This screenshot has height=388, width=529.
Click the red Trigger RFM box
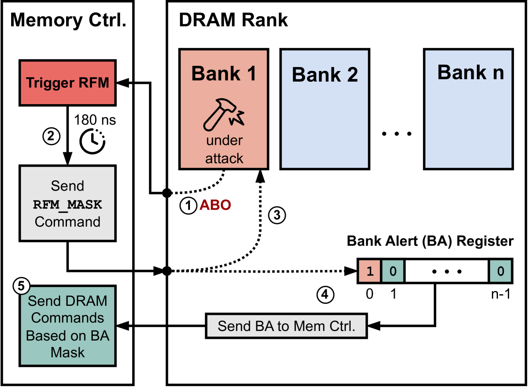click(67, 83)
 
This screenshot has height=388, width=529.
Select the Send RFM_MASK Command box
click(67, 203)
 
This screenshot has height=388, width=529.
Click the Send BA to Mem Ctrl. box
click(286, 326)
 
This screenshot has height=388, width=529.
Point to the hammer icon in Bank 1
click(223, 115)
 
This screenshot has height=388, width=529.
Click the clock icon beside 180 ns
click(92, 141)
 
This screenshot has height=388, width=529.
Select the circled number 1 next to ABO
click(188, 206)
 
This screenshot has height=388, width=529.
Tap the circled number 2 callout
click(51, 136)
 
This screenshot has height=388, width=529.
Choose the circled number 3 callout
click(277, 215)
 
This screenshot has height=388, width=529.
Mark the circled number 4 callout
click(325, 295)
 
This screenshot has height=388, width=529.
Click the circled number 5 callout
click(21, 286)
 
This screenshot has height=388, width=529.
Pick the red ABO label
click(215, 205)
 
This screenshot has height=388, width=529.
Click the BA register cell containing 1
click(370, 271)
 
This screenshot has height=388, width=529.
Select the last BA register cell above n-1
click(500, 271)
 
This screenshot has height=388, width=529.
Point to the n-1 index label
click(501, 294)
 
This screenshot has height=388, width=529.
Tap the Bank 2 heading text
click(325, 75)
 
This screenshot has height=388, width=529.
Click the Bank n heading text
click(470, 73)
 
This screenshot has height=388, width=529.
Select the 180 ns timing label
click(95, 120)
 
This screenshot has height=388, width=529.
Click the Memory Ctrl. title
click(68, 20)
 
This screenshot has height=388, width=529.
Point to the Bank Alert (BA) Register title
click(430, 241)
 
